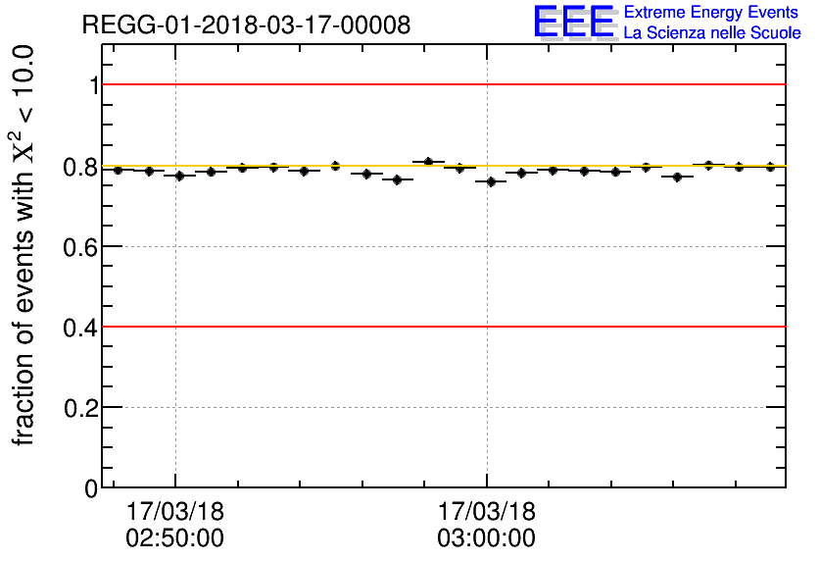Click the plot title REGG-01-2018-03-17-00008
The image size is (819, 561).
click(245, 25)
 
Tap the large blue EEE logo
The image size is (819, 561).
click(574, 22)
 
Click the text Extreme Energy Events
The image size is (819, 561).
click(712, 13)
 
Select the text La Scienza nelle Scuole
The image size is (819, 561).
click(712, 33)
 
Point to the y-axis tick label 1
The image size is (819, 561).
click(94, 85)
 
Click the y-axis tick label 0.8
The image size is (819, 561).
click(81, 167)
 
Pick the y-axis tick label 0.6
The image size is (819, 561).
click(81, 246)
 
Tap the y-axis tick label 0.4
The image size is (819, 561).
click(81, 327)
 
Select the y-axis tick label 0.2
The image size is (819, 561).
click(81, 407)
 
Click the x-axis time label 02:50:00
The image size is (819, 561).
click(175, 538)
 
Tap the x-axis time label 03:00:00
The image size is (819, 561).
click(487, 538)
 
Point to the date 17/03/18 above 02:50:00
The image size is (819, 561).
click(175, 513)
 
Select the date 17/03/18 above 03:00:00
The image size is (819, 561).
click(487, 513)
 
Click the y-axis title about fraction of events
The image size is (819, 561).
click(25, 245)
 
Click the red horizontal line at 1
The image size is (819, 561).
click(441, 84)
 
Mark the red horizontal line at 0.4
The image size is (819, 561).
click(441, 326)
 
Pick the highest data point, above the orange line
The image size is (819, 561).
click(428, 161)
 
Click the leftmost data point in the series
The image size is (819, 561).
click(118, 170)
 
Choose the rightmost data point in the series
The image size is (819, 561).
click(770, 167)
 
